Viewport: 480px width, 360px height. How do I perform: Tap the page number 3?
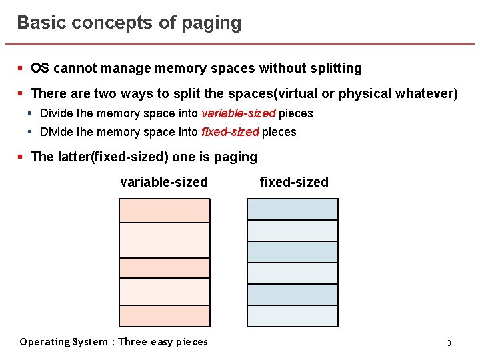[449, 343]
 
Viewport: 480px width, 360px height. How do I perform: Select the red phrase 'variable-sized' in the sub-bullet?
[238, 113]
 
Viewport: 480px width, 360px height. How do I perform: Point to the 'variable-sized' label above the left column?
[164, 182]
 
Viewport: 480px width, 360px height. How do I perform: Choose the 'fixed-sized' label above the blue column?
[294, 182]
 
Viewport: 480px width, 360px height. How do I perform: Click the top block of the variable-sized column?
[165, 211]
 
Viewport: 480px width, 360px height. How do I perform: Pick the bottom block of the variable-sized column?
[165, 315]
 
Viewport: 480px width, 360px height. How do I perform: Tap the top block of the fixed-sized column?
[293, 209]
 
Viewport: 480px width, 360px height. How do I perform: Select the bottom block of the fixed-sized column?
[293, 316]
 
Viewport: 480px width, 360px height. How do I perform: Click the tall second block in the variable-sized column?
[165, 240]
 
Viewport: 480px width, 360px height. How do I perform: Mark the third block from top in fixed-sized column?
[293, 252]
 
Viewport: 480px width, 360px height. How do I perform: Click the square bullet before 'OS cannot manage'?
[21, 68]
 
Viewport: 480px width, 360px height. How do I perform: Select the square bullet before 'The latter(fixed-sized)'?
[21, 157]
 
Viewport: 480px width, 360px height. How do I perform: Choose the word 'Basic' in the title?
[37, 23]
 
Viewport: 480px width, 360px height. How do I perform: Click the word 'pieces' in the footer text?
[192, 342]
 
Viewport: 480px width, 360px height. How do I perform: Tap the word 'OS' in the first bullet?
[40, 68]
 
